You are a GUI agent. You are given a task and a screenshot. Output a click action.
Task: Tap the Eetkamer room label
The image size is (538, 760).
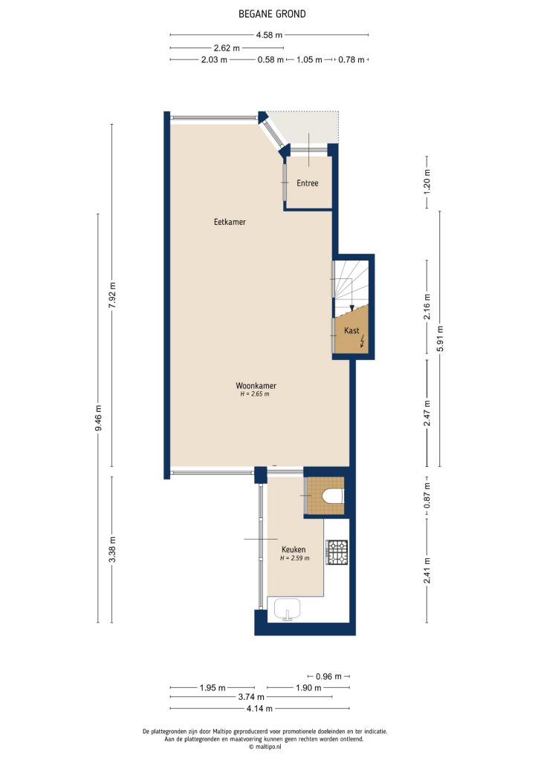[x=230, y=222]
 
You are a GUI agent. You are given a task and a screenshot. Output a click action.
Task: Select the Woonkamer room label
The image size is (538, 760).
[x=256, y=386]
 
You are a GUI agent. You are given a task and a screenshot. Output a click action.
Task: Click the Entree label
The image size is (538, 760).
[x=308, y=183]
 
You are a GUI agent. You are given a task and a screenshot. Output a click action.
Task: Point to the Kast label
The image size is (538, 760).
[x=352, y=330]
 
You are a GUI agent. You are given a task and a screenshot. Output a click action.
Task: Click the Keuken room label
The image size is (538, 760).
[x=294, y=549]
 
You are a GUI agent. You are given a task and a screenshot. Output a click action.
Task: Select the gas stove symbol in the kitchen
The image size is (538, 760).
[x=338, y=551]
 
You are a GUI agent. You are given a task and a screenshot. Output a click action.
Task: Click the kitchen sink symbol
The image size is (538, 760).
[x=287, y=609]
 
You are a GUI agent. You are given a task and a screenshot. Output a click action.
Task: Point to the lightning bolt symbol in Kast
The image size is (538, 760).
[x=363, y=341]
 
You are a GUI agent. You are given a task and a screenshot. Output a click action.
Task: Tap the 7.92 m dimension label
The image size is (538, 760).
[x=112, y=295]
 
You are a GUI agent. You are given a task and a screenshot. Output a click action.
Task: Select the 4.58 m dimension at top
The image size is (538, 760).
[x=269, y=35]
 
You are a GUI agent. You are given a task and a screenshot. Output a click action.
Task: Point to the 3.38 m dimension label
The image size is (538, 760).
[x=112, y=549]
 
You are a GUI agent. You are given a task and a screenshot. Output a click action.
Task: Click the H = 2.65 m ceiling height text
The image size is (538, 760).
[x=255, y=395]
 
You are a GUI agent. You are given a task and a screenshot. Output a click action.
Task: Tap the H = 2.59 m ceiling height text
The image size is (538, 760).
[x=294, y=558]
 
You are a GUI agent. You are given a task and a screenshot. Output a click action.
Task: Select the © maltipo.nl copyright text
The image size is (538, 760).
[x=269, y=747]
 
